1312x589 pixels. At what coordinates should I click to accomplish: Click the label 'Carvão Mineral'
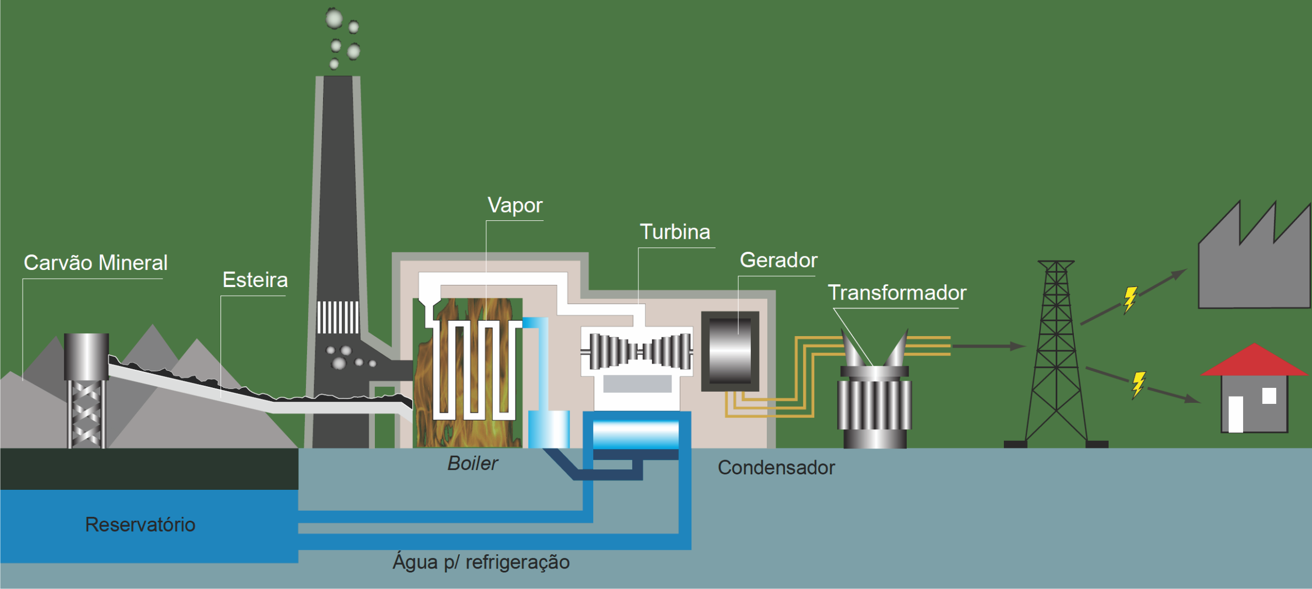95,263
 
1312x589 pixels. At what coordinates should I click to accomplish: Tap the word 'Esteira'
255,280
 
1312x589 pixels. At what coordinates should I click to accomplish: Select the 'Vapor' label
515,206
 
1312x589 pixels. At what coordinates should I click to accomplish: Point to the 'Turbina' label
675,232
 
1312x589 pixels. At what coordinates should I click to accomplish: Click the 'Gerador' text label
778,260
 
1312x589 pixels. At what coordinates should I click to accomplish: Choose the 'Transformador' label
897,293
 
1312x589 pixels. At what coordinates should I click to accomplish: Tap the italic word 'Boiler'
472,463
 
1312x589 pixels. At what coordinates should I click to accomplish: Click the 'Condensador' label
776,468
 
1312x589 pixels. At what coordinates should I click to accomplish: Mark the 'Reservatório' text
140,525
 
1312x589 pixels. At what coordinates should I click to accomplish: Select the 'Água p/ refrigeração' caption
481,562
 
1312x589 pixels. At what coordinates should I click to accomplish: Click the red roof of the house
1254,361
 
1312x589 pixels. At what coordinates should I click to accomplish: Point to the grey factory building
1254,270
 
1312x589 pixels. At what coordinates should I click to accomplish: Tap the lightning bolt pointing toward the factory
1130,299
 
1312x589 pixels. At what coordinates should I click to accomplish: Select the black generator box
730,351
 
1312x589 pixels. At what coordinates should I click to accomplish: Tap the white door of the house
1236,414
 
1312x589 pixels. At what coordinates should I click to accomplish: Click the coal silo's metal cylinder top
86,356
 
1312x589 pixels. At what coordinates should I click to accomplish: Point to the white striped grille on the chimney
338,317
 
